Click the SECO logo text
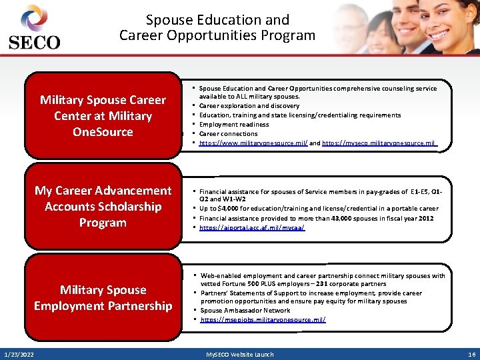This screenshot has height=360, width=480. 34,42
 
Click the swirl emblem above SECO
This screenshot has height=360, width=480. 33,18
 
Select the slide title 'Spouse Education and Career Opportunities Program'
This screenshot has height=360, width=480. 217,27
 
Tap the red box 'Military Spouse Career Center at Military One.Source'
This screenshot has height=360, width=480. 103,116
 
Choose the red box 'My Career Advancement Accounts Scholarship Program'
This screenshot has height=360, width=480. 103,207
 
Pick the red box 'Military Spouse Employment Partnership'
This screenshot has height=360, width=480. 103,298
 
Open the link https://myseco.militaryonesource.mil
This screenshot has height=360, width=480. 379,143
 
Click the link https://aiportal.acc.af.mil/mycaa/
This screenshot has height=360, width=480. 252,228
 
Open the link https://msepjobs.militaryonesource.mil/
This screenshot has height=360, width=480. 263,320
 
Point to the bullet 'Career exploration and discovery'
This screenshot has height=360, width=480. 249,106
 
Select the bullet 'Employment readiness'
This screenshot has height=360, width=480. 234,125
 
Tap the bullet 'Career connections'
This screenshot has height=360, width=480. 229,134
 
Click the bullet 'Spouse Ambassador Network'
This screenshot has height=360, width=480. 245,311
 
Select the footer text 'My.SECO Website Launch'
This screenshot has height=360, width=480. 239,354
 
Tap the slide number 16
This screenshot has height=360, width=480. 471,354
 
